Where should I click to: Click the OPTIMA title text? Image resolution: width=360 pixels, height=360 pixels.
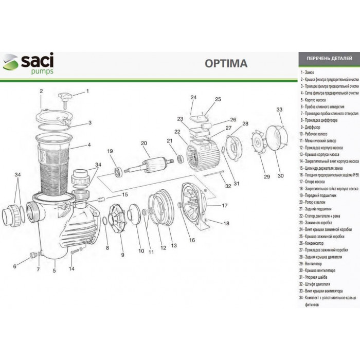coord(226,63)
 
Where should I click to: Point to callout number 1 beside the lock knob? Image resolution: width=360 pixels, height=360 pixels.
coord(87,92)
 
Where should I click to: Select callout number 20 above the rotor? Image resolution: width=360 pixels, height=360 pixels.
coord(144,143)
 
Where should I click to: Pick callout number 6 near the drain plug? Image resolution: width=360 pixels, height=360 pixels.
coord(15,266)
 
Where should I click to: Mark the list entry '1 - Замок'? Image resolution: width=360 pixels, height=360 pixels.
coord(310,74)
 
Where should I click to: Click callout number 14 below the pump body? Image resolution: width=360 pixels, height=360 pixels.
coord(71,268)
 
